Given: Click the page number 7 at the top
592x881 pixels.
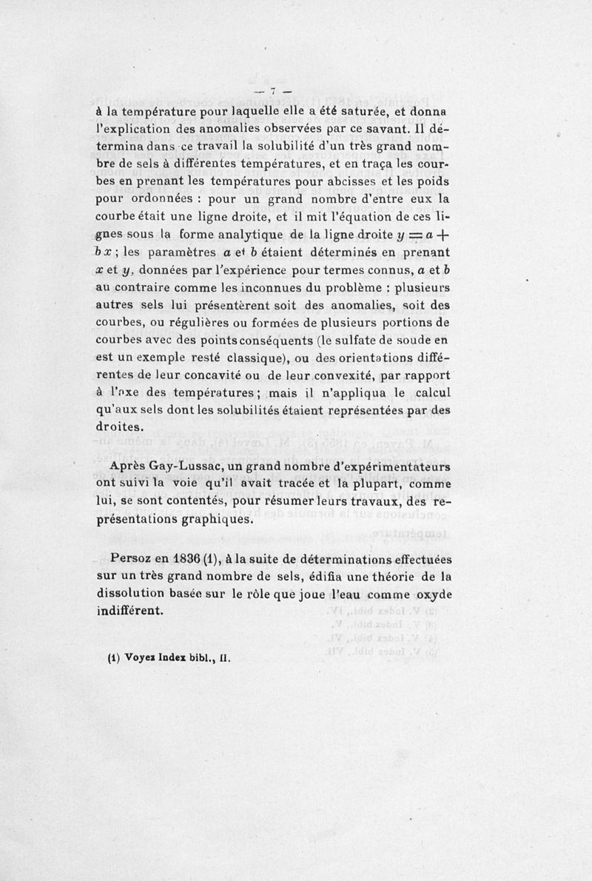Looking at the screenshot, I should [x=273, y=90].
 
